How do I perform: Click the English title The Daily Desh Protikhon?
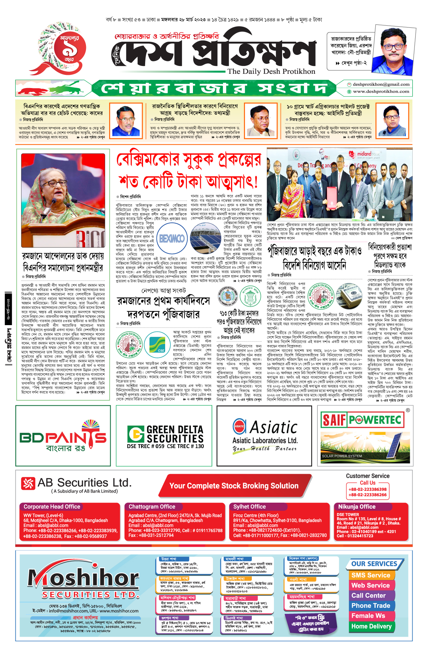[271, 71]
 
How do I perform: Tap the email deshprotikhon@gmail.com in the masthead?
[381, 84]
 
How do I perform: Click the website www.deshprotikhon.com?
[381, 92]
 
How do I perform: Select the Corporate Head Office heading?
[52, 507]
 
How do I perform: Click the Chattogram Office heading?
[152, 507]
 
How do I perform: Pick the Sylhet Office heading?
[249, 507]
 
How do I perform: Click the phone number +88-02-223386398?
[367, 489]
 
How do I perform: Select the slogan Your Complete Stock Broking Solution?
[234, 486]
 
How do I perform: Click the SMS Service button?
[371, 575]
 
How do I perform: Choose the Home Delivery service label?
[371, 626]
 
